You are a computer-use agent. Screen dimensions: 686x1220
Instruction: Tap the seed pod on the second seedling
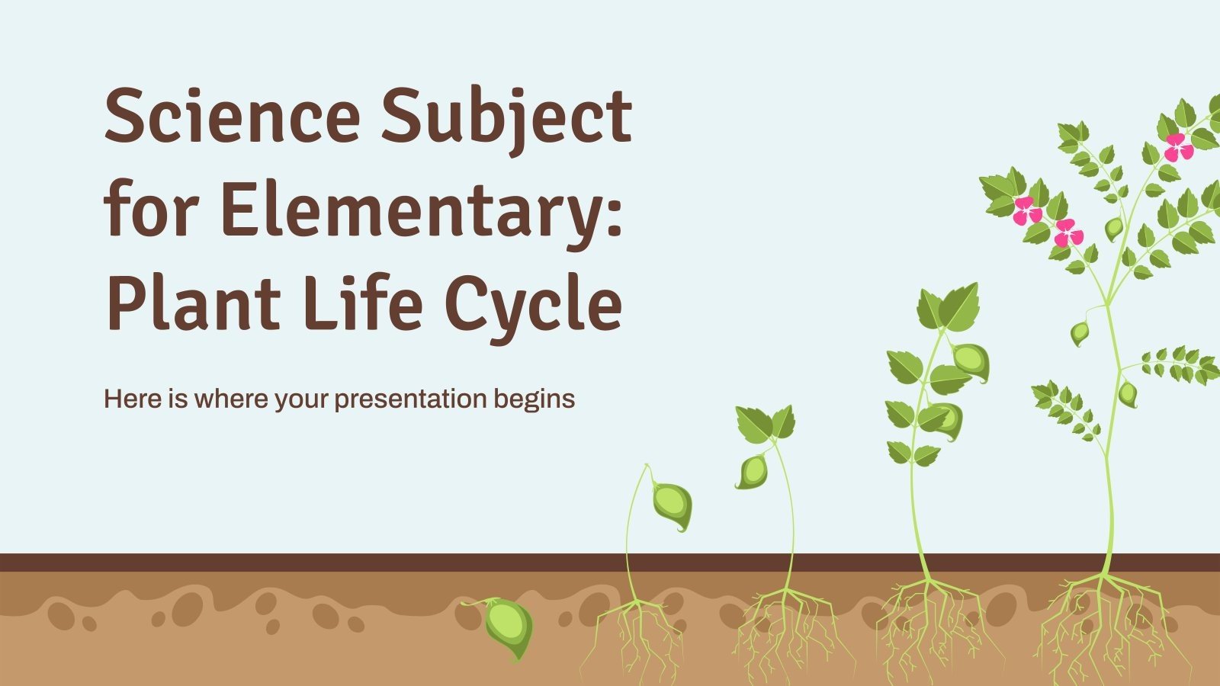point(753,471)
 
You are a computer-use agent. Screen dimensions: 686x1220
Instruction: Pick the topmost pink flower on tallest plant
point(1179,147)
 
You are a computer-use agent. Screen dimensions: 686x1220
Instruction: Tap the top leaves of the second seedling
point(765,423)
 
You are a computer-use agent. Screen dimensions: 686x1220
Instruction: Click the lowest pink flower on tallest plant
point(1068,233)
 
